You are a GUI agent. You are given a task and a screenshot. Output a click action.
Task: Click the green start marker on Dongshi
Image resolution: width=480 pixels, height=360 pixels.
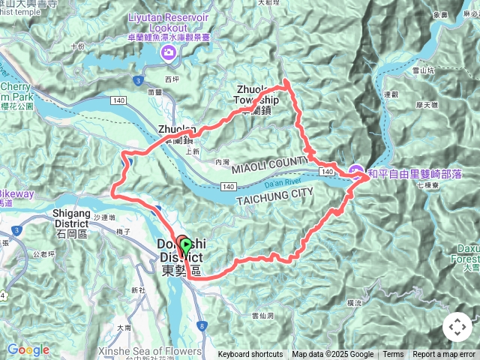pyautogui.click(x=186, y=244)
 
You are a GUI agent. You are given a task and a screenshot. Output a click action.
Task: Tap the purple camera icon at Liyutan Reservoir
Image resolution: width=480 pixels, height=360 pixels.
pyautogui.click(x=169, y=52)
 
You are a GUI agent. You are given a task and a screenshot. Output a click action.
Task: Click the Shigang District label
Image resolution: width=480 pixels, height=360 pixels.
pyautogui.click(x=72, y=218)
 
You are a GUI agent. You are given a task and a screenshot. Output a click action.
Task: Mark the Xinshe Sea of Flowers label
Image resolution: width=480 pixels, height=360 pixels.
pyautogui.click(x=149, y=351)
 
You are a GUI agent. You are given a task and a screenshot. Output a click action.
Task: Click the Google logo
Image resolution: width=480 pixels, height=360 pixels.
pyautogui.click(x=28, y=349)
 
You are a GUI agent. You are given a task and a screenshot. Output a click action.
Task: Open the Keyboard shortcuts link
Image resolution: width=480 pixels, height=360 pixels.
pyautogui.click(x=250, y=355)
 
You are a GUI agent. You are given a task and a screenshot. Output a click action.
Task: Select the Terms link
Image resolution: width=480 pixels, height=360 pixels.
pyautogui.click(x=393, y=355)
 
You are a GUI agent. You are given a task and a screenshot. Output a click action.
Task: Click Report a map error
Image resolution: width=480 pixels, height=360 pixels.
pyautogui.click(x=444, y=355)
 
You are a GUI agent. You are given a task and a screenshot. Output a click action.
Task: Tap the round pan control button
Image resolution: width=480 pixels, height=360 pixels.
pyautogui.click(x=457, y=326)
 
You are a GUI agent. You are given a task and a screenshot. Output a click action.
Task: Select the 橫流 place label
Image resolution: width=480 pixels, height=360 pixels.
pyautogui.click(x=355, y=302)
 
